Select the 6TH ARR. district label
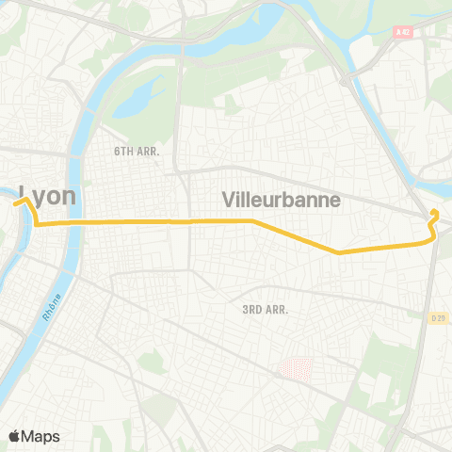[137, 151]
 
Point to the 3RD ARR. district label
[265, 309]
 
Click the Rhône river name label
[51, 305]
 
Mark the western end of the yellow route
[15, 200]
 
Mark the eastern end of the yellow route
[433, 212]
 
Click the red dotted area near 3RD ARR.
[297, 369]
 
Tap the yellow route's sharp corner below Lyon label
[37, 224]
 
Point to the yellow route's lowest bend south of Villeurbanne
[338, 252]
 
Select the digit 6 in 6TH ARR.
[118, 151]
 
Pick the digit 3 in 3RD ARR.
[245, 309]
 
